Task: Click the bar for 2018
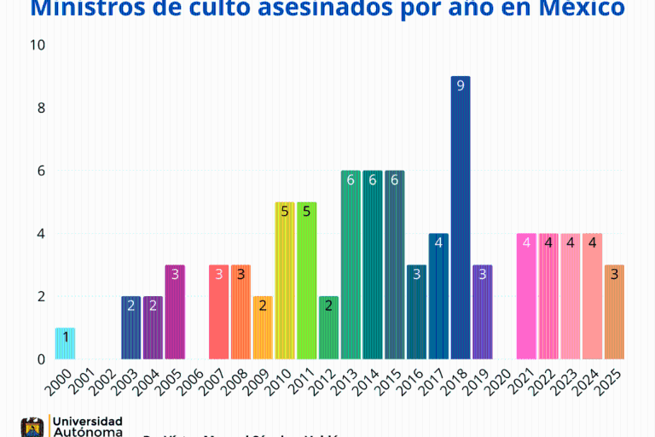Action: pos(461,218)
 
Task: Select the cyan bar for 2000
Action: pos(66,343)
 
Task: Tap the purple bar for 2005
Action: pos(175,312)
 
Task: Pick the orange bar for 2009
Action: pos(263,328)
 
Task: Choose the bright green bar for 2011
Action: pos(306,281)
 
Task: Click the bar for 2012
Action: pos(328,328)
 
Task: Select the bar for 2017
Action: pos(438,296)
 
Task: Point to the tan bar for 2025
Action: pos(614,312)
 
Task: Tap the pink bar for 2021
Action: pos(526,296)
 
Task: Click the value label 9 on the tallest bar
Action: pos(461,85)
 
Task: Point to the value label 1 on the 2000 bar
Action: pos(66,337)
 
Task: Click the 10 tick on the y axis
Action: pos(37,44)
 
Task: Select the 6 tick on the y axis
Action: pos(40,171)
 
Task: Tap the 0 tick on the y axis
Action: pos(40,359)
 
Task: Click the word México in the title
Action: pos(580,10)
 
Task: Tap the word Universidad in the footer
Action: pos(86,421)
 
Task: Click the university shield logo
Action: pos(32,427)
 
